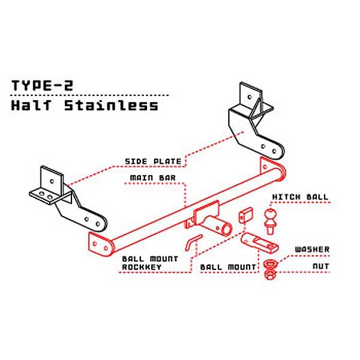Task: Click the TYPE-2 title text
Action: [42, 85]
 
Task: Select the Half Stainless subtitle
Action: [85, 106]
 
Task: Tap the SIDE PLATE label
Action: [153, 161]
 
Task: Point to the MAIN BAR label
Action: [152, 178]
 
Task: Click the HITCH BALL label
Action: [300, 197]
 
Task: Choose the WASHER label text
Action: [312, 249]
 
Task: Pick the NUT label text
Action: [321, 266]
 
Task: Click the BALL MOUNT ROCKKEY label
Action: [150, 263]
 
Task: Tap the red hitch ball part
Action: [271, 221]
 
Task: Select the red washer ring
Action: [270, 263]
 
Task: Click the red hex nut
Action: [270, 274]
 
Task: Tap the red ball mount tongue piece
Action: [259, 242]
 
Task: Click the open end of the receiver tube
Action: [227, 229]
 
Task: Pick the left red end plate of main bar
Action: [101, 244]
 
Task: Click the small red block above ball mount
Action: [245, 215]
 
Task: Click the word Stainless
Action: [111, 106]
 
